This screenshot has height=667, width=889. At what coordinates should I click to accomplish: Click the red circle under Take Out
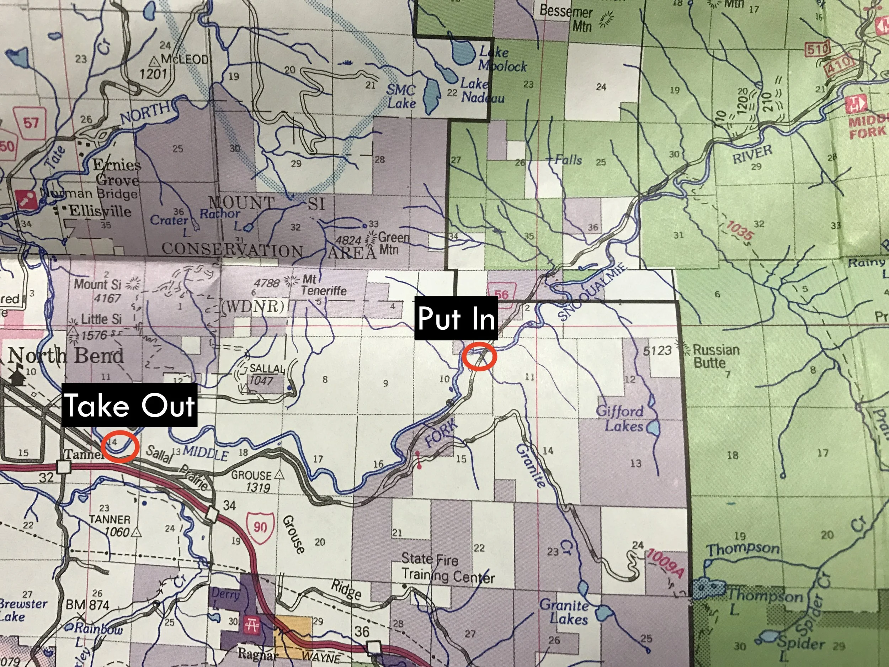[120, 446]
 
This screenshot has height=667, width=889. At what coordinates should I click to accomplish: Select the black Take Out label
[129, 405]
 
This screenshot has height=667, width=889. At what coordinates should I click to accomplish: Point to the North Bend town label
[65, 356]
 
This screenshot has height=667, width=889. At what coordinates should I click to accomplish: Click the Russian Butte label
[716, 356]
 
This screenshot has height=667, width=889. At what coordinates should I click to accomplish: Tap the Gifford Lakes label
[620, 418]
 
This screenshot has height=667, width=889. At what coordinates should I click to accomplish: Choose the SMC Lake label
[401, 96]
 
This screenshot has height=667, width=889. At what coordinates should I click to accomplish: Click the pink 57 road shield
[31, 122]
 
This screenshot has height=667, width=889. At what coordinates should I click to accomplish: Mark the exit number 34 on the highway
[229, 505]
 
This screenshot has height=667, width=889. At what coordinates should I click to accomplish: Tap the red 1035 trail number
[739, 231]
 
